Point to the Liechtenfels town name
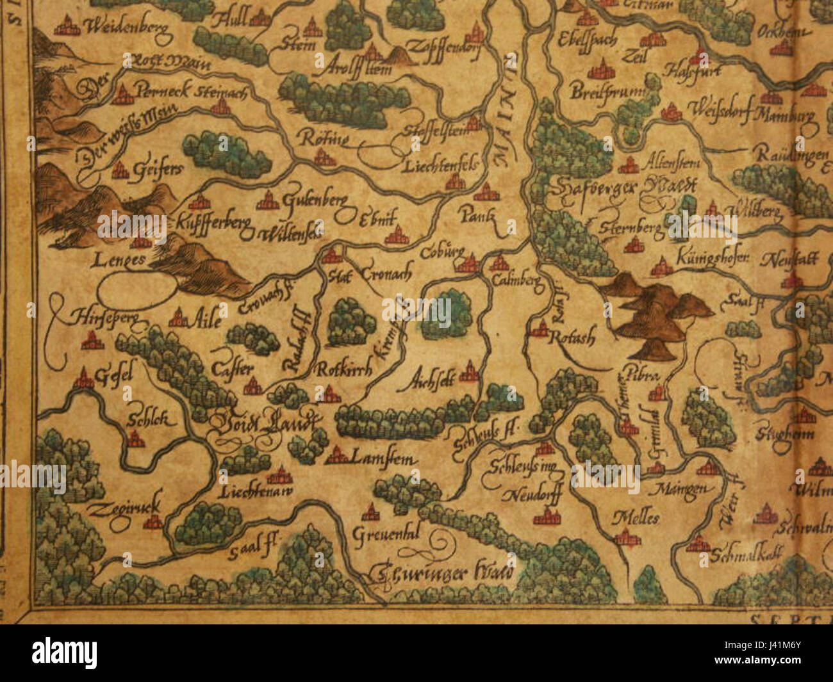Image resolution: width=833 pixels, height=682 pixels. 441,167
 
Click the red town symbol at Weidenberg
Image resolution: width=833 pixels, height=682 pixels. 66,28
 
